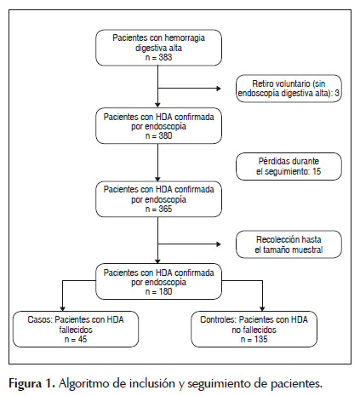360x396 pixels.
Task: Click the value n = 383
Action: click(158, 57)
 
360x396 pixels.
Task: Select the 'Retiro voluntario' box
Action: click(289, 89)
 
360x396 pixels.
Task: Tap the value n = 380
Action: click(158, 135)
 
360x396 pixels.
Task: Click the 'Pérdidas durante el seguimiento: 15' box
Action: click(289, 166)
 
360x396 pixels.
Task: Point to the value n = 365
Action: click(158, 209)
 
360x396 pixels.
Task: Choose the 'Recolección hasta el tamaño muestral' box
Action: click(289, 244)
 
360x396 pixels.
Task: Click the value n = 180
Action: click(158, 291)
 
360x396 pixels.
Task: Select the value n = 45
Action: click(76, 339)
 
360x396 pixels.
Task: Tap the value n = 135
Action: click(254, 339)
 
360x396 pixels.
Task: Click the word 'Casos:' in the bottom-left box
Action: click(40, 319)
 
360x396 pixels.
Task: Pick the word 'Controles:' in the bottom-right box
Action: click(219, 319)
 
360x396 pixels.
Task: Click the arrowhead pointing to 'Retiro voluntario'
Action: click(219, 89)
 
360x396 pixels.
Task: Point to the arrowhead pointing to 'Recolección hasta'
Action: click(219, 244)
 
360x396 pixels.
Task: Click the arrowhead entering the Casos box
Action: click(63, 309)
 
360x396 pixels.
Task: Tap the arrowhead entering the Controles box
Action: click(262, 309)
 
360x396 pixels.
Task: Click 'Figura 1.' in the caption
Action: click(31, 384)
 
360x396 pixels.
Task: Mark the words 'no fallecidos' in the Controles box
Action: click(254, 330)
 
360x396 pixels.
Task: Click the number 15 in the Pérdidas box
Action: click(317, 171)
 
